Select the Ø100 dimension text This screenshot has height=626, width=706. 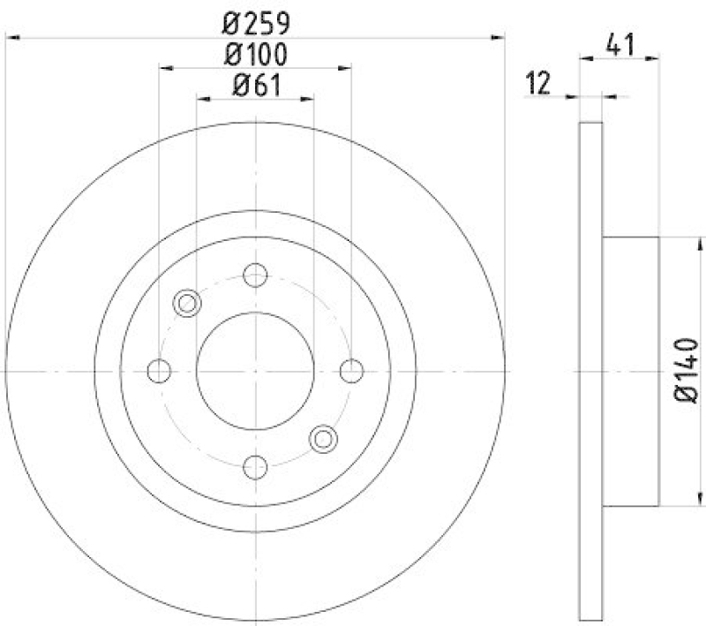(256, 54)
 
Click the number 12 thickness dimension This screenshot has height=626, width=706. (537, 84)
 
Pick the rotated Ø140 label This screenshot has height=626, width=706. (686, 372)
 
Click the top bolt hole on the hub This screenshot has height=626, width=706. (255, 275)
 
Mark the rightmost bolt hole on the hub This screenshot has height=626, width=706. (351, 371)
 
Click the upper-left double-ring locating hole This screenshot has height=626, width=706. (188, 304)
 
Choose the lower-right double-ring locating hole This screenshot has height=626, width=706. (324, 438)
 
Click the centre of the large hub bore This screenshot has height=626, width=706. (255, 371)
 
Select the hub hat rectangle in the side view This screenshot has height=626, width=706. (631, 371)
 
